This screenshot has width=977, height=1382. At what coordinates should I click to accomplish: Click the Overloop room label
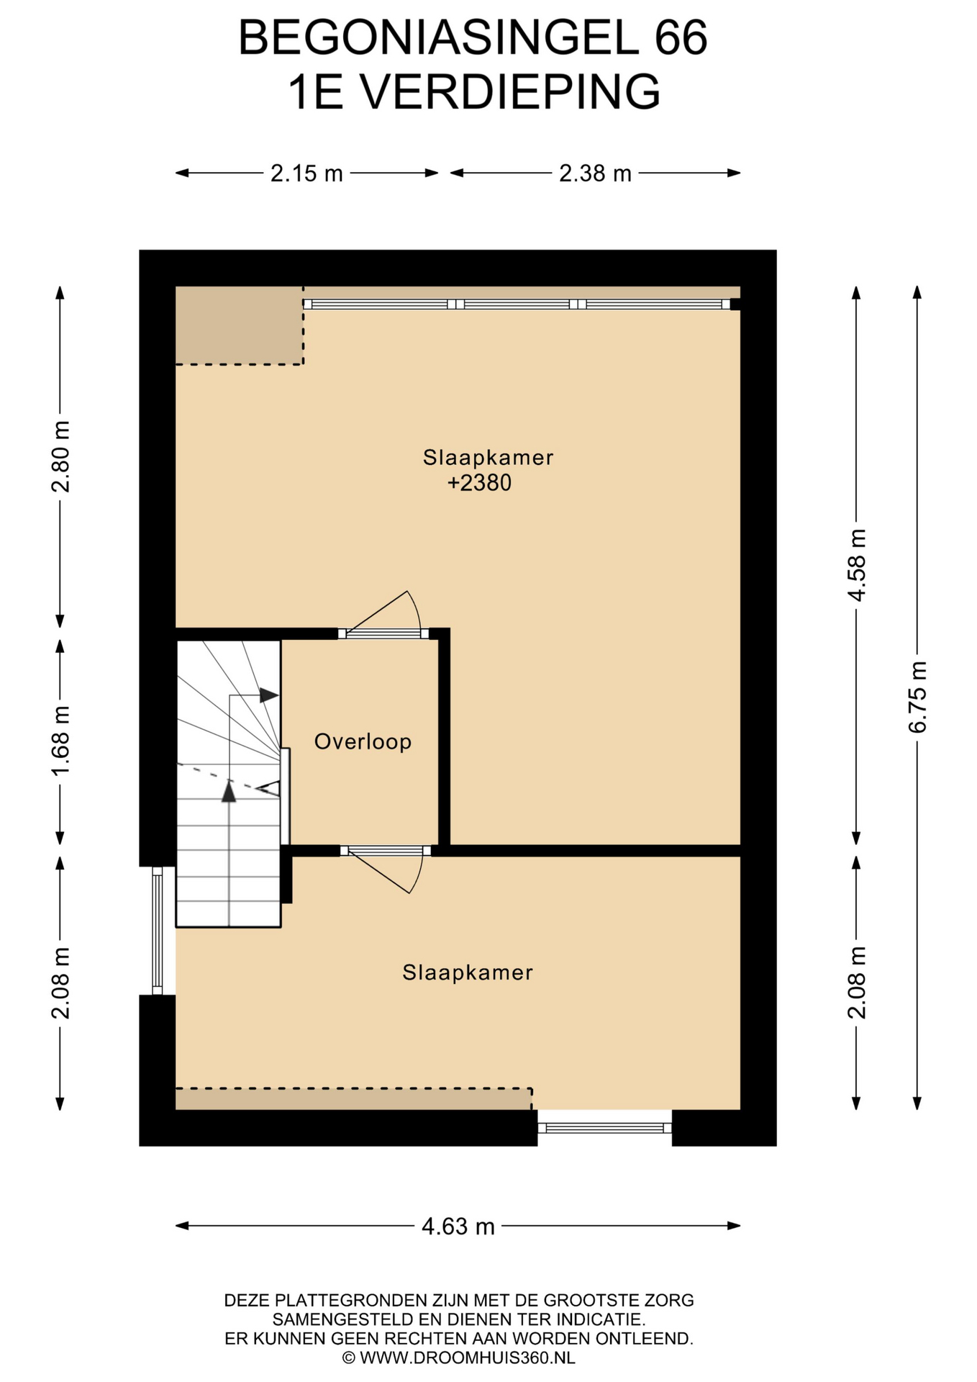click(363, 741)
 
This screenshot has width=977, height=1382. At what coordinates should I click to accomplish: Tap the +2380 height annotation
click(479, 482)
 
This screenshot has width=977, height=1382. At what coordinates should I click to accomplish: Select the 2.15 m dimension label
click(306, 173)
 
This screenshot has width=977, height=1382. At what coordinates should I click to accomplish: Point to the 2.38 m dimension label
click(595, 173)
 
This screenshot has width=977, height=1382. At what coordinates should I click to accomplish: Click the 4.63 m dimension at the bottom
click(458, 1226)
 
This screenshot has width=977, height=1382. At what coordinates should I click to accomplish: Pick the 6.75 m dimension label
click(917, 697)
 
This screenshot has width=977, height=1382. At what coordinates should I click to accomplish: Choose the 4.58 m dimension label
click(856, 565)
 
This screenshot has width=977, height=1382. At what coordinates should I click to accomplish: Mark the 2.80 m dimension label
click(60, 456)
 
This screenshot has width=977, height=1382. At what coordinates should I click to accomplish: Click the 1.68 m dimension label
click(60, 741)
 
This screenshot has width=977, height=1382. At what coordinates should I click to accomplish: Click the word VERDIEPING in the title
click(509, 92)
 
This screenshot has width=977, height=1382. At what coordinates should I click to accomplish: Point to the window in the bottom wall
click(604, 1128)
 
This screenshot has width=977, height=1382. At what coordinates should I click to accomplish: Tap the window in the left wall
click(158, 931)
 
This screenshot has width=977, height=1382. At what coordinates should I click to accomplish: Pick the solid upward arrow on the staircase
click(229, 791)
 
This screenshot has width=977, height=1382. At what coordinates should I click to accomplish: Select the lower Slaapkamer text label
click(468, 972)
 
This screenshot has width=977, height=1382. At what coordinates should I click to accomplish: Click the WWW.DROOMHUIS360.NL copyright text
click(458, 1358)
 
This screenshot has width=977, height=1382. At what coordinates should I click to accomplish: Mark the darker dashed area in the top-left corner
click(239, 325)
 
